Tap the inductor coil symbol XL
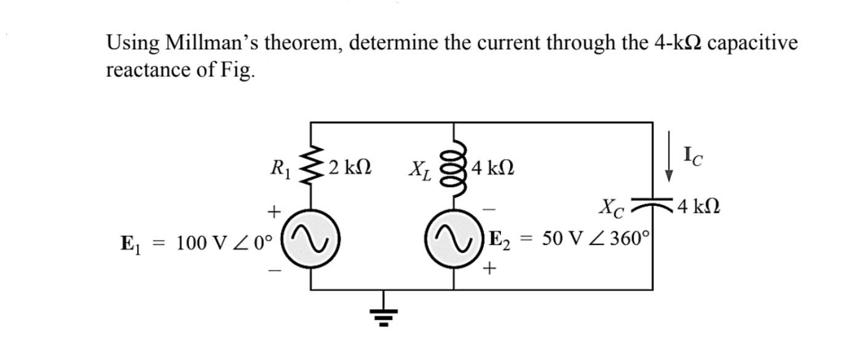tap(454, 165)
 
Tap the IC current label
tap(693, 157)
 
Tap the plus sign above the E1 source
tap(272, 211)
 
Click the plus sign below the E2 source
tap(489, 268)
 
